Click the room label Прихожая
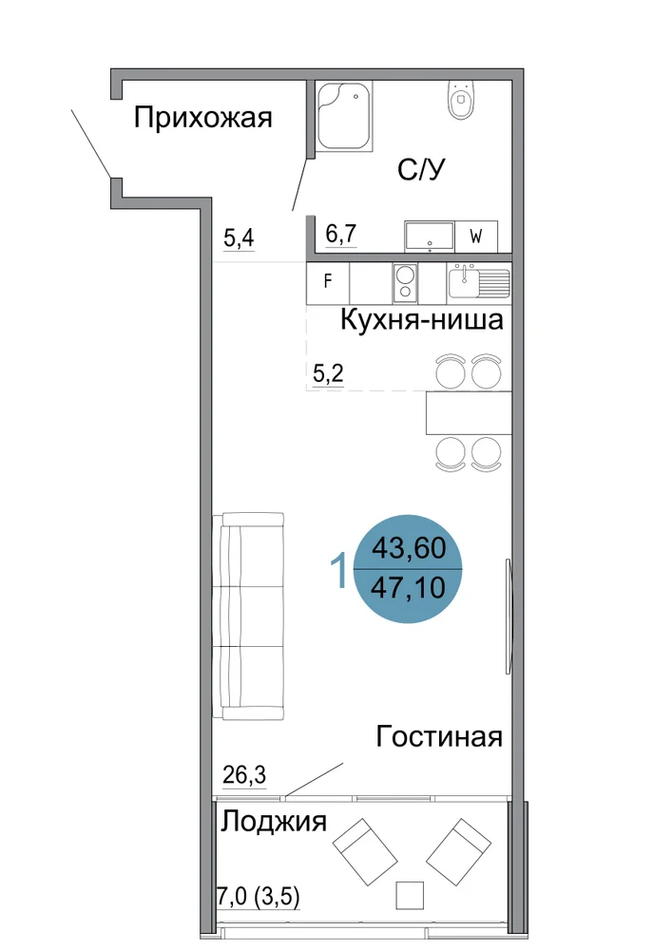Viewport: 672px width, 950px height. (203, 118)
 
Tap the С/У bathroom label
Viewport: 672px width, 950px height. (421, 170)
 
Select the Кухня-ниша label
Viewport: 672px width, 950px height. (422, 319)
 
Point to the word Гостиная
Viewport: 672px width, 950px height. (439, 737)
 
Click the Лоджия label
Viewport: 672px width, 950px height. (274, 822)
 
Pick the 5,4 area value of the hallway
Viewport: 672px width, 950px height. (239, 238)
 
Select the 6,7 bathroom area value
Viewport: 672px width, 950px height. (341, 234)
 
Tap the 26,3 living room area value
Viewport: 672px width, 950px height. (244, 775)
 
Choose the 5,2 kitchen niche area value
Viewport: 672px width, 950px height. (329, 373)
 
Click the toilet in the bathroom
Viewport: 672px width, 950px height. (462, 100)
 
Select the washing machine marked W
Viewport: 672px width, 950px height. (475, 237)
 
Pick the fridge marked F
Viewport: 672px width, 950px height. (328, 282)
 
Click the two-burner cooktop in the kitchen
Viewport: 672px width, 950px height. (405, 283)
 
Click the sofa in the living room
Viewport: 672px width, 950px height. (248, 617)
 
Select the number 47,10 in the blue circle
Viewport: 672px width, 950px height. (408, 587)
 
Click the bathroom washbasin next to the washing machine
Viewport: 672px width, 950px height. (429, 237)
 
